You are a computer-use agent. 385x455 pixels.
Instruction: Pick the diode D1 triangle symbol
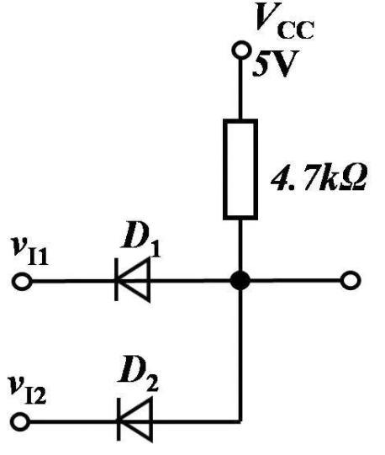click(133, 280)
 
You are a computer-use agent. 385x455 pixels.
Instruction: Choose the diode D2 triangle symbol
click(134, 420)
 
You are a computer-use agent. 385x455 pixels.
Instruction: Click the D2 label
click(139, 374)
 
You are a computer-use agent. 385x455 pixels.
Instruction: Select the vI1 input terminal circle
click(23, 281)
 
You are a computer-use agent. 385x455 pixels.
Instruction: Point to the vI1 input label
click(29, 251)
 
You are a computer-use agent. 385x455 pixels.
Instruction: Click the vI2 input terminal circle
click(20, 421)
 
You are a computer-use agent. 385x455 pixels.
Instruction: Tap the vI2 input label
click(28, 389)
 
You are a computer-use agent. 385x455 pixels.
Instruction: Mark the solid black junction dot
click(240, 281)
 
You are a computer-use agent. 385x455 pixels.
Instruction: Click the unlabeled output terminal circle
click(351, 280)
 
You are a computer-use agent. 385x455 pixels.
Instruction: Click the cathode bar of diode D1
click(116, 280)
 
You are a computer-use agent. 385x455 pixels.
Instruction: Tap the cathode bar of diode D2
click(119, 419)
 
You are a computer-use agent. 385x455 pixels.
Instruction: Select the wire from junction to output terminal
click(295, 280)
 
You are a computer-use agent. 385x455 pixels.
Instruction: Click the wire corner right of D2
click(240, 421)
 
